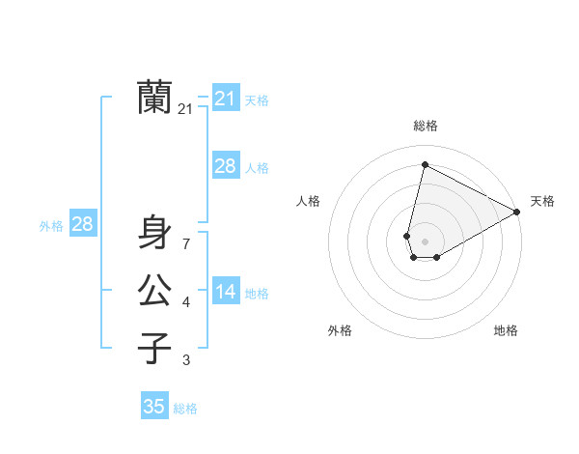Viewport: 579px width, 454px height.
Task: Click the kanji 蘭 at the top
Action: pos(154,98)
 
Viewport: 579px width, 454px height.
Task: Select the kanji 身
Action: pos(154,232)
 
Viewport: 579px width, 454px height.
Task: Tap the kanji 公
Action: pos(154,290)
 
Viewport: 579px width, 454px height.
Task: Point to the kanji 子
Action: pos(154,347)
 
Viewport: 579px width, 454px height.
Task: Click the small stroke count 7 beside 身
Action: pos(186,244)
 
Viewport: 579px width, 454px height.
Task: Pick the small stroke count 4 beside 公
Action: pos(186,302)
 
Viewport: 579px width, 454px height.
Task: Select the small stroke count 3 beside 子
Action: pos(186,360)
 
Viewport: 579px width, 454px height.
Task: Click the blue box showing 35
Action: pos(154,407)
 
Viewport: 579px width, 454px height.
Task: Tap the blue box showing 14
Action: pos(226,292)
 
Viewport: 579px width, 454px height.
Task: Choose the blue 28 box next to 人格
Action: pos(226,166)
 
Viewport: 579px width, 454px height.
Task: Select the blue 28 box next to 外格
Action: pos(83,224)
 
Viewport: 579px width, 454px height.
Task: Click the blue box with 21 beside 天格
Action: pos(226,99)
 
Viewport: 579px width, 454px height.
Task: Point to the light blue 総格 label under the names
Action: pos(185,409)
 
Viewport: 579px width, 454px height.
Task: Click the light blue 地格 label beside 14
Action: pos(258,294)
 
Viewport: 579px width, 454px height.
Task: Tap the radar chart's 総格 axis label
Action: pos(426,126)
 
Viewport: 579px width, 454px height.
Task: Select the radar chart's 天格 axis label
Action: pos(543,201)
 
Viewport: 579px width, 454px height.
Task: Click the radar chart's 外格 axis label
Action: pos(340,330)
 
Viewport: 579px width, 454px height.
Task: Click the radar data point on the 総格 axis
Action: pos(425,164)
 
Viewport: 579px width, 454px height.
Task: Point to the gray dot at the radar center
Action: pos(426,241)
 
